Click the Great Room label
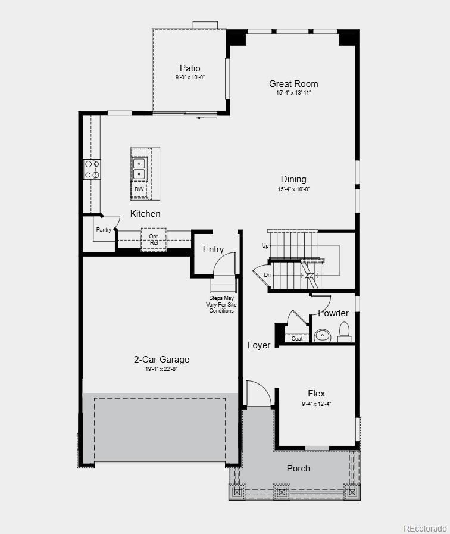[x=293, y=84]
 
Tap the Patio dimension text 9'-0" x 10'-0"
[x=190, y=77]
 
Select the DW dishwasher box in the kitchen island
[x=139, y=189]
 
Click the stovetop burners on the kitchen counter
[x=92, y=169]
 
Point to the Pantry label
[x=104, y=229]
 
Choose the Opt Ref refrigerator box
[x=154, y=239]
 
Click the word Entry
[x=213, y=249]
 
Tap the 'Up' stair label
[x=265, y=246]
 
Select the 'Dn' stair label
[x=267, y=275]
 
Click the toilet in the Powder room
[x=344, y=332]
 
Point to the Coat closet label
[x=296, y=339]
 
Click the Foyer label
[x=259, y=345]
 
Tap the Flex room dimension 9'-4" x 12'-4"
[x=316, y=404]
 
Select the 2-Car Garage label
[x=161, y=360]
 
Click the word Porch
[x=298, y=469]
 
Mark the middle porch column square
[x=281, y=492]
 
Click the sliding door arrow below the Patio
[x=202, y=118]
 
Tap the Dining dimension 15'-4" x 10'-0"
[x=293, y=189]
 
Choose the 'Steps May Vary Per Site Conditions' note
[x=221, y=304]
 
